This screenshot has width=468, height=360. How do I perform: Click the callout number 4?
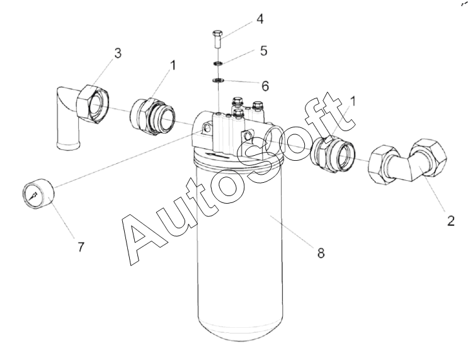click(260, 19)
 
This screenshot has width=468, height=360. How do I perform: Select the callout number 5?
click(263, 51)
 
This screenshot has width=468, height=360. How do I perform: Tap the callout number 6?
click(265, 86)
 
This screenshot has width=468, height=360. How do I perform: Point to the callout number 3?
click(118, 53)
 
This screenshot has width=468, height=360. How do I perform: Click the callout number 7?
click(81, 247)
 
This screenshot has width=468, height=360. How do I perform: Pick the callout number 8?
click(321, 253)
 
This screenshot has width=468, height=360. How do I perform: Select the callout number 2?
click(451, 221)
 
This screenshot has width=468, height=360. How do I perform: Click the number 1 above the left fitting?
click(173, 66)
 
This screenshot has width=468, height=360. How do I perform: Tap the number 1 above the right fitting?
click(353, 102)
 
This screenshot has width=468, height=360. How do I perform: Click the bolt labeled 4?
click(217, 39)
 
